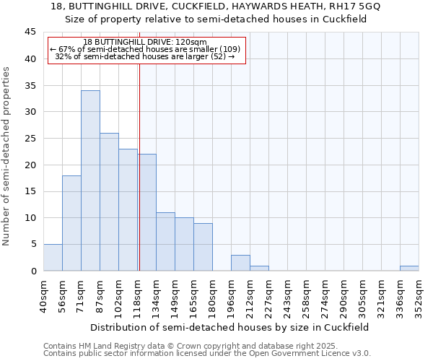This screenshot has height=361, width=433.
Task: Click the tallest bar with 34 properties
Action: (x=90, y=180)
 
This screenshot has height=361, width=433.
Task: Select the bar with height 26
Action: (x=109, y=202)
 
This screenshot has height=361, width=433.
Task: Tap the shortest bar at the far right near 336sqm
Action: (x=409, y=269)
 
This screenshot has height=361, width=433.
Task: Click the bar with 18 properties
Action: (x=71, y=223)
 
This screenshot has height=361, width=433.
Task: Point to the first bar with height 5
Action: (x=53, y=258)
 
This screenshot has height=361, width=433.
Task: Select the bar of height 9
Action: (x=203, y=247)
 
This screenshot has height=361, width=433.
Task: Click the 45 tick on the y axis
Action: (x=30, y=32)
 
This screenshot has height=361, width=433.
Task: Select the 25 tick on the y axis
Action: (x=30, y=139)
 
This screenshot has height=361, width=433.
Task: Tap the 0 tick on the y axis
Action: (x=33, y=271)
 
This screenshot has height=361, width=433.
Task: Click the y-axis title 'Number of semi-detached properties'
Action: (x=7, y=156)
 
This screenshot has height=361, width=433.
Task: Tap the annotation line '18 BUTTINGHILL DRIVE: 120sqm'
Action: (x=145, y=42)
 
